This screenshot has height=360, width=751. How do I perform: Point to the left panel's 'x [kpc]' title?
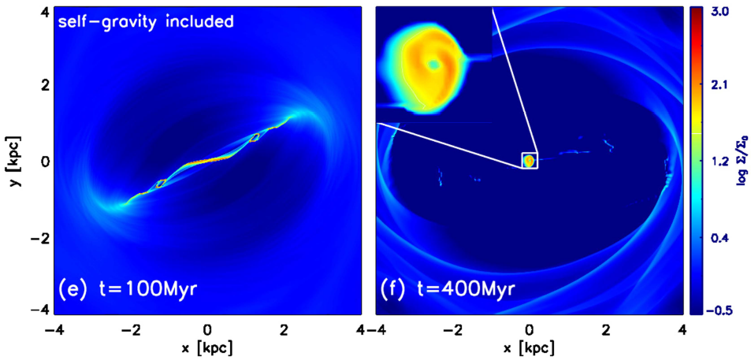(x=206, y=347)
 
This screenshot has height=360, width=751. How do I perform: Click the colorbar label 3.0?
(x=724, y=13)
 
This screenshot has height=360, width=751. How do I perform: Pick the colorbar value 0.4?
(x=724, y=236)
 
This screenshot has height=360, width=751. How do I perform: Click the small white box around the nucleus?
(x=530, y=160)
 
